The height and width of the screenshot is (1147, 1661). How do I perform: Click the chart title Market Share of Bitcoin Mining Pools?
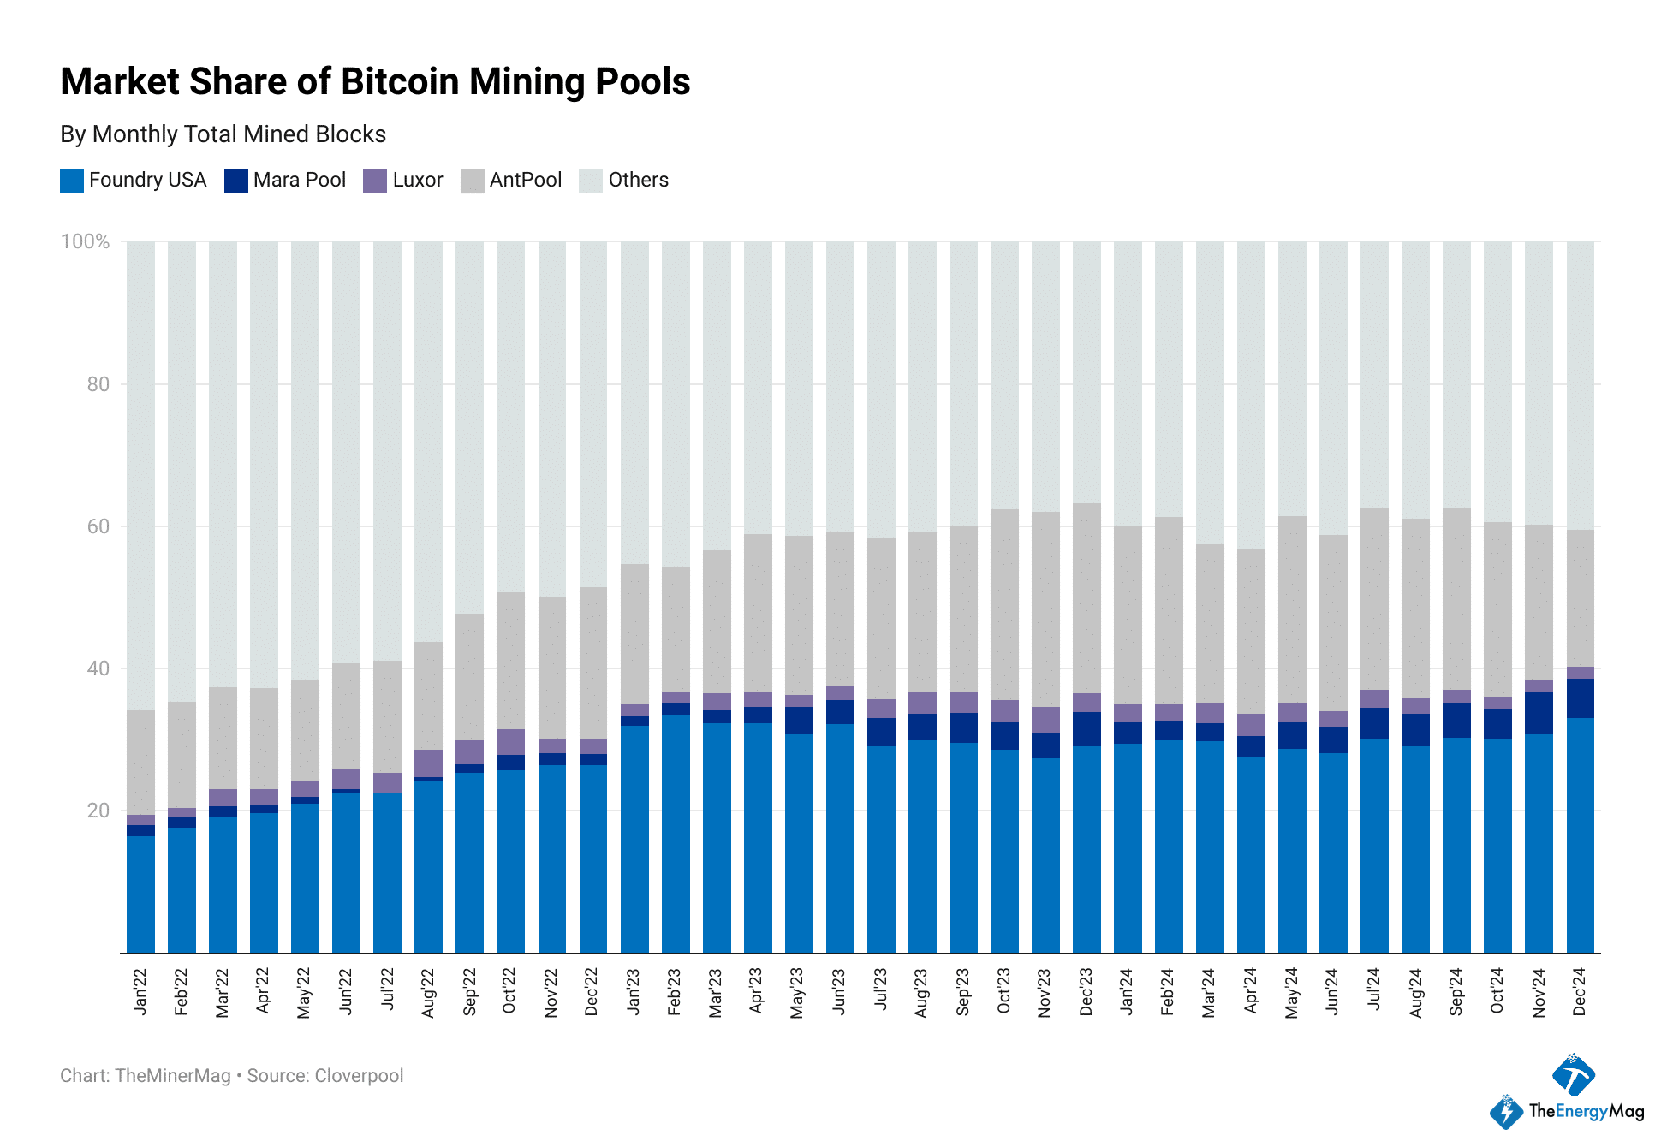point(375,82)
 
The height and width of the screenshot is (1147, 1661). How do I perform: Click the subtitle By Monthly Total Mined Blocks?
point(223,134)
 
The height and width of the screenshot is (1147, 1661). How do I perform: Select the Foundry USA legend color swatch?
point(71,181)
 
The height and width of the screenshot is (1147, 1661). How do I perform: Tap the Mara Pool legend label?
point(299,180)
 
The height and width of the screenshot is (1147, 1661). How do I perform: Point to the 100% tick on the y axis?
point(85,241)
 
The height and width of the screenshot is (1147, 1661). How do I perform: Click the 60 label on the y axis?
point(98,526)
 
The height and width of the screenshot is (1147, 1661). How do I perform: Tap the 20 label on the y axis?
point(98,811)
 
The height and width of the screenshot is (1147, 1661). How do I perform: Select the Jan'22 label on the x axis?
point(140,992)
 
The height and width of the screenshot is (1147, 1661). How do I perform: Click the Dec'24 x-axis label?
point(1580,992)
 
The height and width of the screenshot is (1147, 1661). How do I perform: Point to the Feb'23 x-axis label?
point(675,992)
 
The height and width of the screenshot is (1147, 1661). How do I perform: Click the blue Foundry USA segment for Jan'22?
point(140,894)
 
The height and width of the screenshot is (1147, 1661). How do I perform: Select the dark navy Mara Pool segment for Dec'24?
point(1580,698)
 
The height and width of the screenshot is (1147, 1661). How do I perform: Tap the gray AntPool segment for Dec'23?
point(1086,598)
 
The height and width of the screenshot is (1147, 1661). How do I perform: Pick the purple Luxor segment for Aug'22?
point(428,764)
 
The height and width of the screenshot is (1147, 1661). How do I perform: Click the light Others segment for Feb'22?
point(182,471)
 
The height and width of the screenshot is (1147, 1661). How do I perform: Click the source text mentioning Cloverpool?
point(324,1076)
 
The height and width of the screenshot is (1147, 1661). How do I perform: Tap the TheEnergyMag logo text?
point(1586,1111)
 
